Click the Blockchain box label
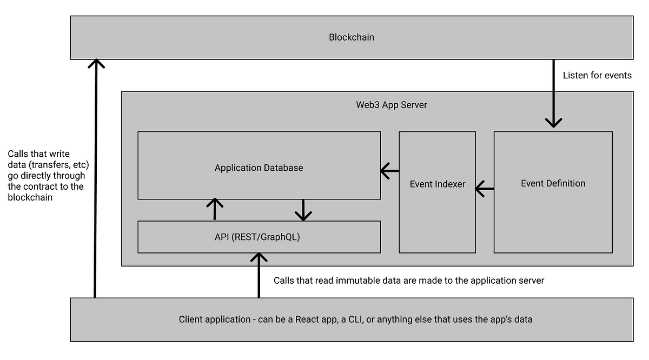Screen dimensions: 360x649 [x=352, y=37]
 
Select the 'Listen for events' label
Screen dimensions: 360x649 [x=597, y=75]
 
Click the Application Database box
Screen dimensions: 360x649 [x=259, y=168]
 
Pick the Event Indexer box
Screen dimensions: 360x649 [x=437, y=184]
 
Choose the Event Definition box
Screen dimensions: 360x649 [x=553, y=183]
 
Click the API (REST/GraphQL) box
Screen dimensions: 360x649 [x=259, y=237]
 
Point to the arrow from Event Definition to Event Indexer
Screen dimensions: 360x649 [x=485, y=189]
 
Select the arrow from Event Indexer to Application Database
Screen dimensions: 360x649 [x=389, y=171]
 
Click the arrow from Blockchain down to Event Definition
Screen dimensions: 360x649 [x=553, y=95]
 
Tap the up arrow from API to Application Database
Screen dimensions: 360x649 [x=215, y=209]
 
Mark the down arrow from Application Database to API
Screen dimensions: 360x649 [x=303, y=210]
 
